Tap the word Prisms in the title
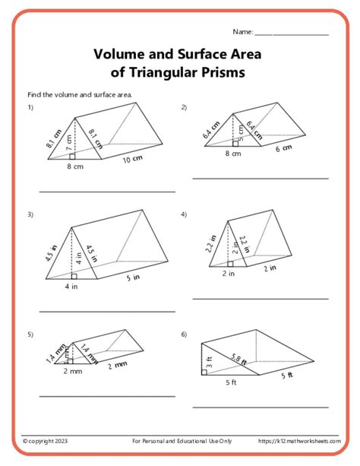[x=220, y=73]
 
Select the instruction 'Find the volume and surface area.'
[x=80, y=95]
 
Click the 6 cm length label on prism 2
[x=283, y=148]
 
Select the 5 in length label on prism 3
[x=133, y=278]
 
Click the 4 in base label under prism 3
[x=71, y=287]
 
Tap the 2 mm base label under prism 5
[x=71, y=372]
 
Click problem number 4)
[x=184, y=214]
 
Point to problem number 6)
[x=184, y=334]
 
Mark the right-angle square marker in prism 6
[x=204, y=372]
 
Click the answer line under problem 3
[x=106, y=311]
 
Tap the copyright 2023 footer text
[x=45, y=441]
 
